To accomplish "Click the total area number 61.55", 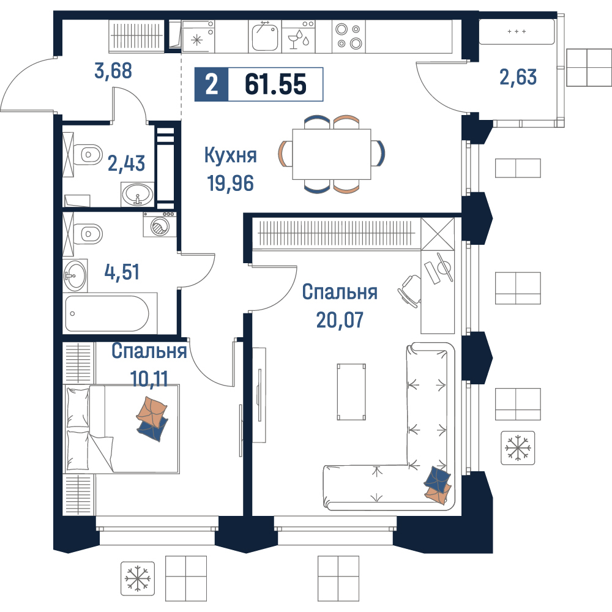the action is coord(275,84).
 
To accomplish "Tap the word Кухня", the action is coord(231,155).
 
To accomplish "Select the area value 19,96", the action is coord(230,182).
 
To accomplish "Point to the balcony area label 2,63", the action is coord(518,77).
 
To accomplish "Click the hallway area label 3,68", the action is coord(113,70).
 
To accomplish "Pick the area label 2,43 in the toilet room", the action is coord(126,163).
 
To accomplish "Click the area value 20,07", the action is coord(340,319).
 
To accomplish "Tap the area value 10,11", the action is coord(149,379).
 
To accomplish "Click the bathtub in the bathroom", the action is coord(107,313).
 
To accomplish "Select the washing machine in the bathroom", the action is coord(160,225).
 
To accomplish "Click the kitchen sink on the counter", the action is coord(265,36).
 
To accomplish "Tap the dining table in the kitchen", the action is coord(331,154).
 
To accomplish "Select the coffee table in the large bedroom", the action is coord(351,392).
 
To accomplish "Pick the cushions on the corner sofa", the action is coord(438,485).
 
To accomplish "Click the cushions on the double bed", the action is coord(152,419).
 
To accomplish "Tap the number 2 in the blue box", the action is coord(211,84).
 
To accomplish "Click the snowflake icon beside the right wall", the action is coord(518,448).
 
